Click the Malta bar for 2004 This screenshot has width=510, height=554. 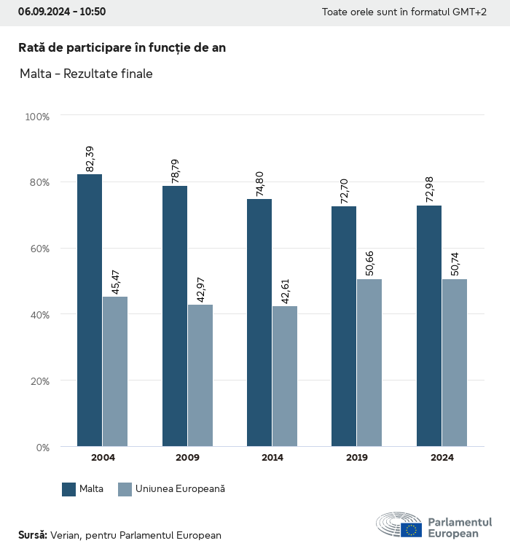(90, 310)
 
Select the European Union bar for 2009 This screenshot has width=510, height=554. (200, 375)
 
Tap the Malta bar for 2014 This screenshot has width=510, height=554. (259, 322)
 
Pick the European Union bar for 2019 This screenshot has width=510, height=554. (369, 362)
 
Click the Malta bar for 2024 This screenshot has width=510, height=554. (429, 326)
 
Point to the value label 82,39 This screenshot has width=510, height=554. (90, 159)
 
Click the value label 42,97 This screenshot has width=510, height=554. (200, 289)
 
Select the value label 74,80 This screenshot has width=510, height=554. (260, 183)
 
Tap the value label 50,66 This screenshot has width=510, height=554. (369, 263)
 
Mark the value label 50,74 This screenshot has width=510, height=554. (455, 263)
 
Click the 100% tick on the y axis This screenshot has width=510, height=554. (37, 116)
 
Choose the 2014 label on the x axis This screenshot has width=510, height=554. (272, 458)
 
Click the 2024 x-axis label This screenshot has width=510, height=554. (442, 458)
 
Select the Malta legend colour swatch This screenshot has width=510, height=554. (69, 489)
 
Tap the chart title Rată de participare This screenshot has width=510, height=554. (122, 47)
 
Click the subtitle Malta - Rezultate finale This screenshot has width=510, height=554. (86, 74)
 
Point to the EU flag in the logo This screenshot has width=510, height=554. (411, 530)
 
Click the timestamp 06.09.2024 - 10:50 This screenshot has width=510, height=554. (62, 12)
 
